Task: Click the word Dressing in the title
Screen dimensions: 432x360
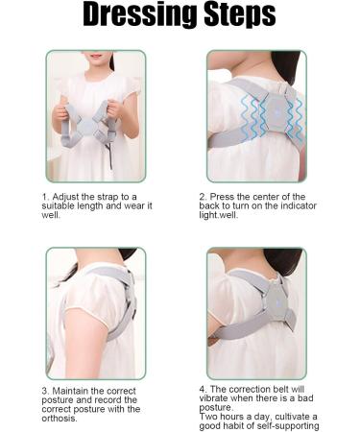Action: click(x=130, y=16)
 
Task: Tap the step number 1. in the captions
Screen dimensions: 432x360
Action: click(x=45, y=196)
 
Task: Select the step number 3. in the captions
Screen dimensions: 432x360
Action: click(x=45, y=391)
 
